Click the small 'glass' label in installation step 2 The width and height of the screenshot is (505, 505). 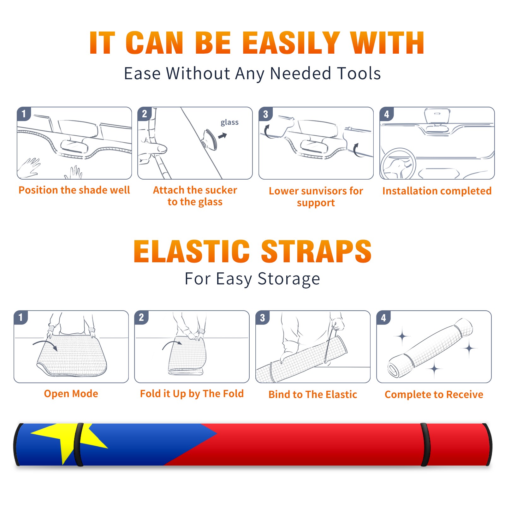[x=229, y=122]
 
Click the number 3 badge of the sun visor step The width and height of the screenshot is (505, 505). [x=265, y=114]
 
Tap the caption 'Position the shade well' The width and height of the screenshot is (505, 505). [x=74, y=190]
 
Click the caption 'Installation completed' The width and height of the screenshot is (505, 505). [x=437, y=191]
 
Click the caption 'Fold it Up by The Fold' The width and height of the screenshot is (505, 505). [x=192, y=394]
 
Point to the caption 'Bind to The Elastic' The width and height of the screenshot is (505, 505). [x=313, y=394]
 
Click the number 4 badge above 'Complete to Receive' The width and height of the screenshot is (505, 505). [x=383, y=318]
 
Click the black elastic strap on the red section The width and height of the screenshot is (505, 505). [x=425, y=444]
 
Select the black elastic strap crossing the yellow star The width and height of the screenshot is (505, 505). [x=79, y=444]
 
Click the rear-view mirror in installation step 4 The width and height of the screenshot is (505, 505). [x=437, y=116]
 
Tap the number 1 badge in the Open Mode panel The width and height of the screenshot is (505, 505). [x=21, y=317]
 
